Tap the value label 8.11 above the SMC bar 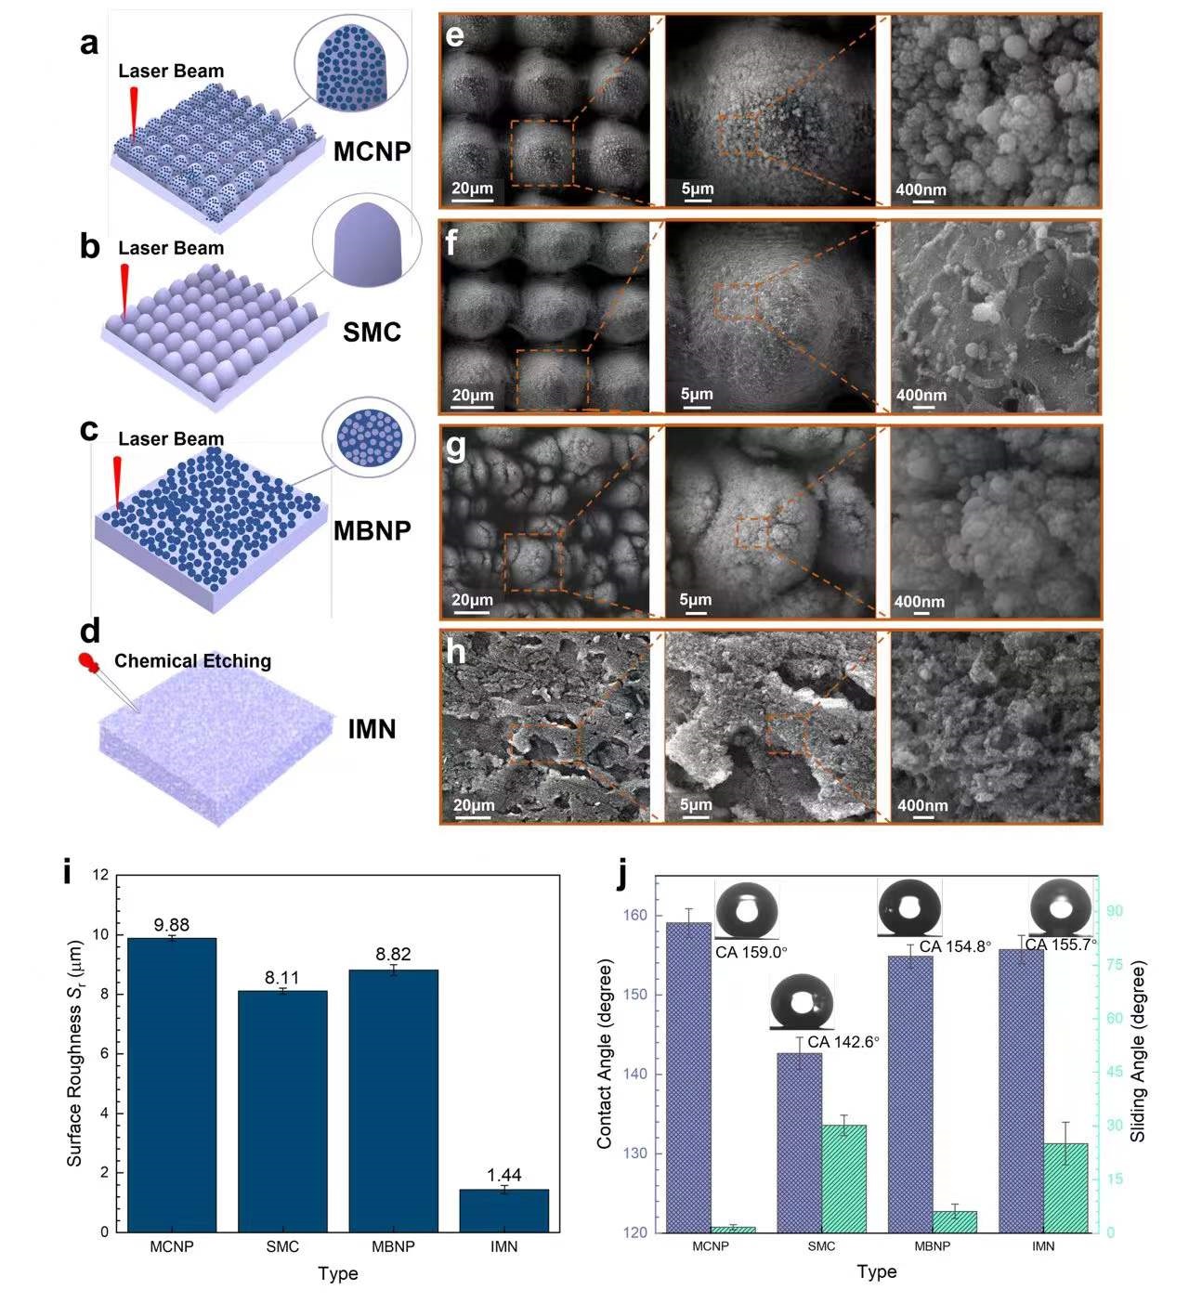pos(282,978)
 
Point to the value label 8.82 pos(393,955)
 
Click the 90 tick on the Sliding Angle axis pos(1114,911)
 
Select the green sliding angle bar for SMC pos(843,1179)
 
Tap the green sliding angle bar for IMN pos(1065,1188)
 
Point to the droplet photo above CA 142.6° pos(802,1002)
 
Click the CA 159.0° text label pos(751,952)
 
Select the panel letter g pos(456,447)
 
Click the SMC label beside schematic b pos(372,332)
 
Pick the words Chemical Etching pos(192,661)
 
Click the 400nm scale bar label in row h pos(922,805)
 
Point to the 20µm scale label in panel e pos(472,189)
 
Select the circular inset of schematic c pos(370,436)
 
